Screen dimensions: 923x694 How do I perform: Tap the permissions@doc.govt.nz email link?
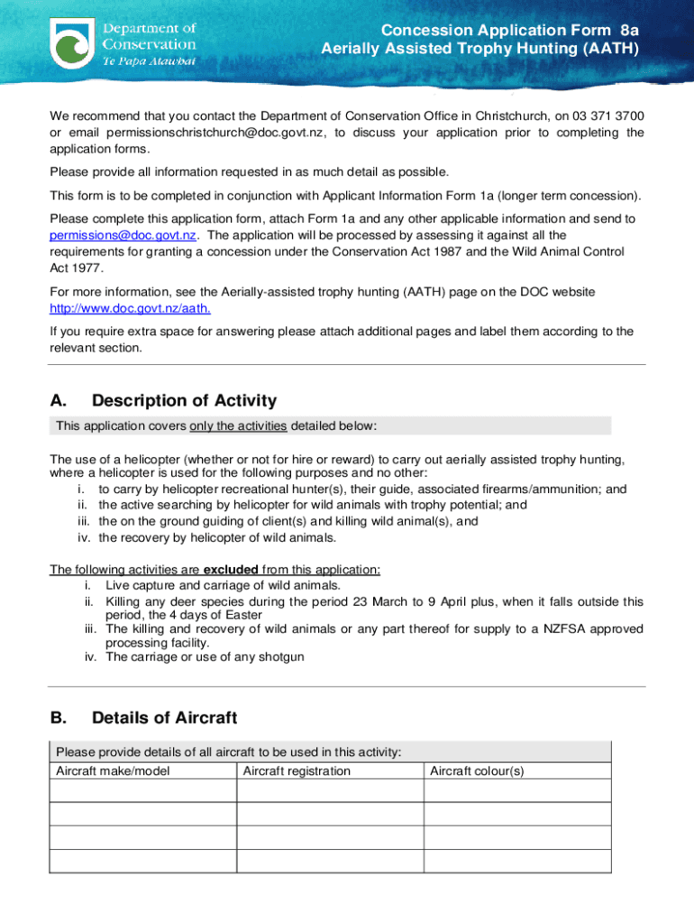tap(123, 235)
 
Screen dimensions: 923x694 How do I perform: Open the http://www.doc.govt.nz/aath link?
tap(131, 308)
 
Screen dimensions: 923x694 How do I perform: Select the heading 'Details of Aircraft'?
tap(164, 717)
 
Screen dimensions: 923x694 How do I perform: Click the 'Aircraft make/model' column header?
tap(113, 771)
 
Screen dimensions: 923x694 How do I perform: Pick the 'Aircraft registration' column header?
tap(297, 771)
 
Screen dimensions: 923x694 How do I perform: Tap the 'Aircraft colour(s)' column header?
tap(477, 771)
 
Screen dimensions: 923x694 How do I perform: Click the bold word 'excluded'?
tap(232, 569)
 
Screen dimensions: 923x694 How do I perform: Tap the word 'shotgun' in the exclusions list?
tap(280, 657)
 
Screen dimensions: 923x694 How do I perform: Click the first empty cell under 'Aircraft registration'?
tap(330, 790)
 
